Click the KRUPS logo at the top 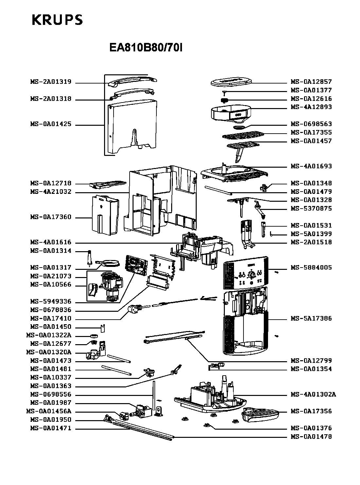(57, 20)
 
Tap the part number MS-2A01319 (51, 82)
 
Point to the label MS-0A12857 (311, 82)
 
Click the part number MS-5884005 (311, 268)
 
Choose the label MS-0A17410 (51, 319)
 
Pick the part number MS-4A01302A (313, 395)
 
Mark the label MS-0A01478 (311, 437)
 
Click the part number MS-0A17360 (51, 217)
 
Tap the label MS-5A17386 (311, 319)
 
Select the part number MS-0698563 (311, 124)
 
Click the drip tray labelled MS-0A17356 (260, 415)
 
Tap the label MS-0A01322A (48, 336)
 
